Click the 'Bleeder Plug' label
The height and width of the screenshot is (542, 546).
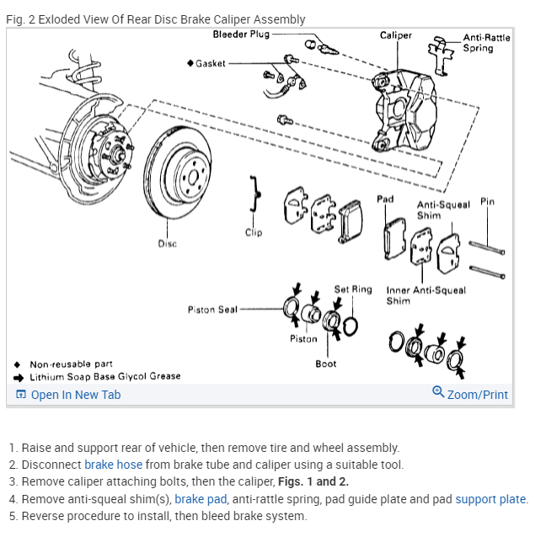(x=241, y=35)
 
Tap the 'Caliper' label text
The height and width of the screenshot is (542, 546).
(x=396, y=35)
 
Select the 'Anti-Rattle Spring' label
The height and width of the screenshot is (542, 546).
(x=486, y=43)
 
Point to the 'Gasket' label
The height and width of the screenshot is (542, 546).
(x=210, y=63)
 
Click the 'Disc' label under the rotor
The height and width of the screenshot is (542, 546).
(x=167, y=244)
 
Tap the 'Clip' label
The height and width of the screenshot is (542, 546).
(x=254, y=233)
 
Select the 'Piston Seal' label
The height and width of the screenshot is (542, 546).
(x=212, y=310)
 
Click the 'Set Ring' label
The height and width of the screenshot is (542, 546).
(x=352, y=290)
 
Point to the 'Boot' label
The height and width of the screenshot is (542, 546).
(x=326, y=364)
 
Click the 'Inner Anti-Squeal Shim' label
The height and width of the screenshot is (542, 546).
(x=426, y=295)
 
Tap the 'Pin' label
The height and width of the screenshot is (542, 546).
(x=487, y=202)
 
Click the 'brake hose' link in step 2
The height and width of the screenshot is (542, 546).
(x=113, y=465)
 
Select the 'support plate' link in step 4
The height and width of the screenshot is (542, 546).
(x=490, y=499)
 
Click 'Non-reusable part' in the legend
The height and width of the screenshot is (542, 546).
(x=71, y=364)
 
